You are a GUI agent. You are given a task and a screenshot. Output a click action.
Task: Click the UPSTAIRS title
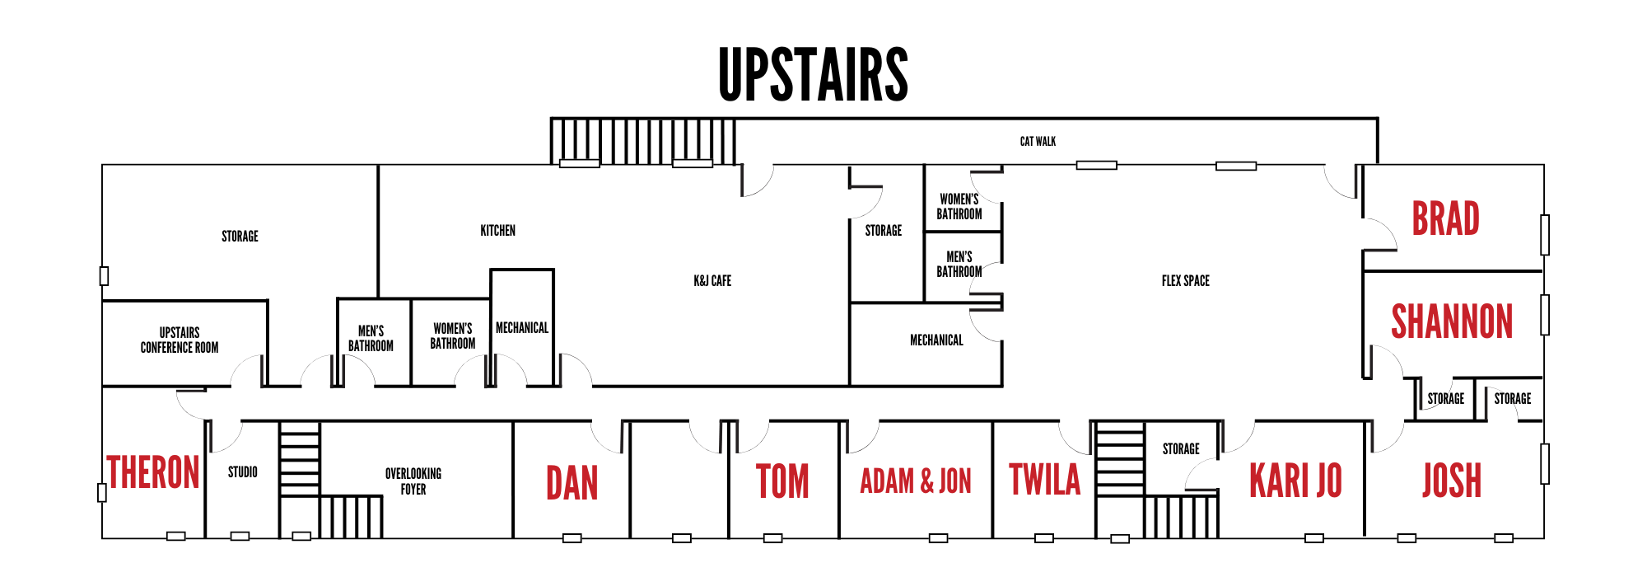(x=813, y=75)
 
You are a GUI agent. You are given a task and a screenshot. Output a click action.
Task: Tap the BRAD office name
(x=1446, y=218)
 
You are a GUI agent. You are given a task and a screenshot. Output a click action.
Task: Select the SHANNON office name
(x=1452, y=321)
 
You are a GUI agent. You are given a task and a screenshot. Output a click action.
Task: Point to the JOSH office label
(x=1452, y=481)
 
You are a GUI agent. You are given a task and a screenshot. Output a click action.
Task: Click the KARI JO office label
(x=1295, y=481)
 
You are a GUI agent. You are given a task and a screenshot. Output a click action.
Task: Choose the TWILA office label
(x=1044, y=480)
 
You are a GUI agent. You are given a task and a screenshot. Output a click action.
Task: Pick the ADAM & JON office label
(x=916, y=481)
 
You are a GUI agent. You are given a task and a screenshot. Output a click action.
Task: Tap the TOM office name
(x=782, y=481)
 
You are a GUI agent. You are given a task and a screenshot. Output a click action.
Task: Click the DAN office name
(x=572, y=483)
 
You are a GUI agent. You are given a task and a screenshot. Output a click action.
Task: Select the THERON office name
(x=153, y=473)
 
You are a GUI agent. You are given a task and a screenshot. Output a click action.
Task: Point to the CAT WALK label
(x=1038, y=142)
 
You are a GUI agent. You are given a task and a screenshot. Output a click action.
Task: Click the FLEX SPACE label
(x=1185, y=281)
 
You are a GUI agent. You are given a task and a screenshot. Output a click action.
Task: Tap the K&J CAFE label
(x=712, y=281)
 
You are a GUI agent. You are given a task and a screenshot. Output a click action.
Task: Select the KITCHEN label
(x=497, y=231)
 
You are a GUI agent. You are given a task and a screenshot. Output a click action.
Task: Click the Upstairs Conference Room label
(x=180, y=340)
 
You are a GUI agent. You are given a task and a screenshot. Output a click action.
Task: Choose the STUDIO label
(x=242, y=472)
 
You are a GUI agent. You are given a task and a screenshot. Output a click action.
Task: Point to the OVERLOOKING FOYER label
(x=413, y=481)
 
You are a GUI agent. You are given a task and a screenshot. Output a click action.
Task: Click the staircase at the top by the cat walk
(x=642, y=141)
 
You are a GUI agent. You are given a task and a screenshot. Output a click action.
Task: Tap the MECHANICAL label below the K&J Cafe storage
(x=936, y=340)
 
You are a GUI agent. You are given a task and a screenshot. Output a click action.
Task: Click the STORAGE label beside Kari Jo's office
(x=1181, y=449)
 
